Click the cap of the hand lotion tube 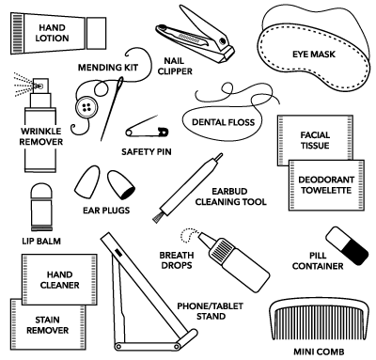click(96, 33)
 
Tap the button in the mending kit click(86, 107)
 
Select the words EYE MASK click(314, 55)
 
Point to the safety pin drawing click(148, 128)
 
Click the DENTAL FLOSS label click(223, 122)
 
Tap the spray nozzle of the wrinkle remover click(40, 86)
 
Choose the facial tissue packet click(315, 138)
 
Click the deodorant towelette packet click(326, 185)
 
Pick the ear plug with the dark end click(121, 185)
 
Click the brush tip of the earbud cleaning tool click(158, 217)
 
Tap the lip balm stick click(41, 208)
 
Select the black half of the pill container click(356, 251)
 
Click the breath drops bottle click(233, 261)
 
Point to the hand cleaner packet click(59, 279)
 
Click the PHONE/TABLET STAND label click(211, 311)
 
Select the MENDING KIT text click(108, 68)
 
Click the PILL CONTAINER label click(318, 260)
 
